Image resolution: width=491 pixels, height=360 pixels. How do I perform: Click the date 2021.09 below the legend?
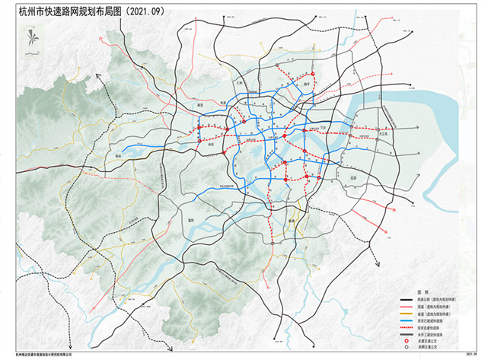tap(471, 354)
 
